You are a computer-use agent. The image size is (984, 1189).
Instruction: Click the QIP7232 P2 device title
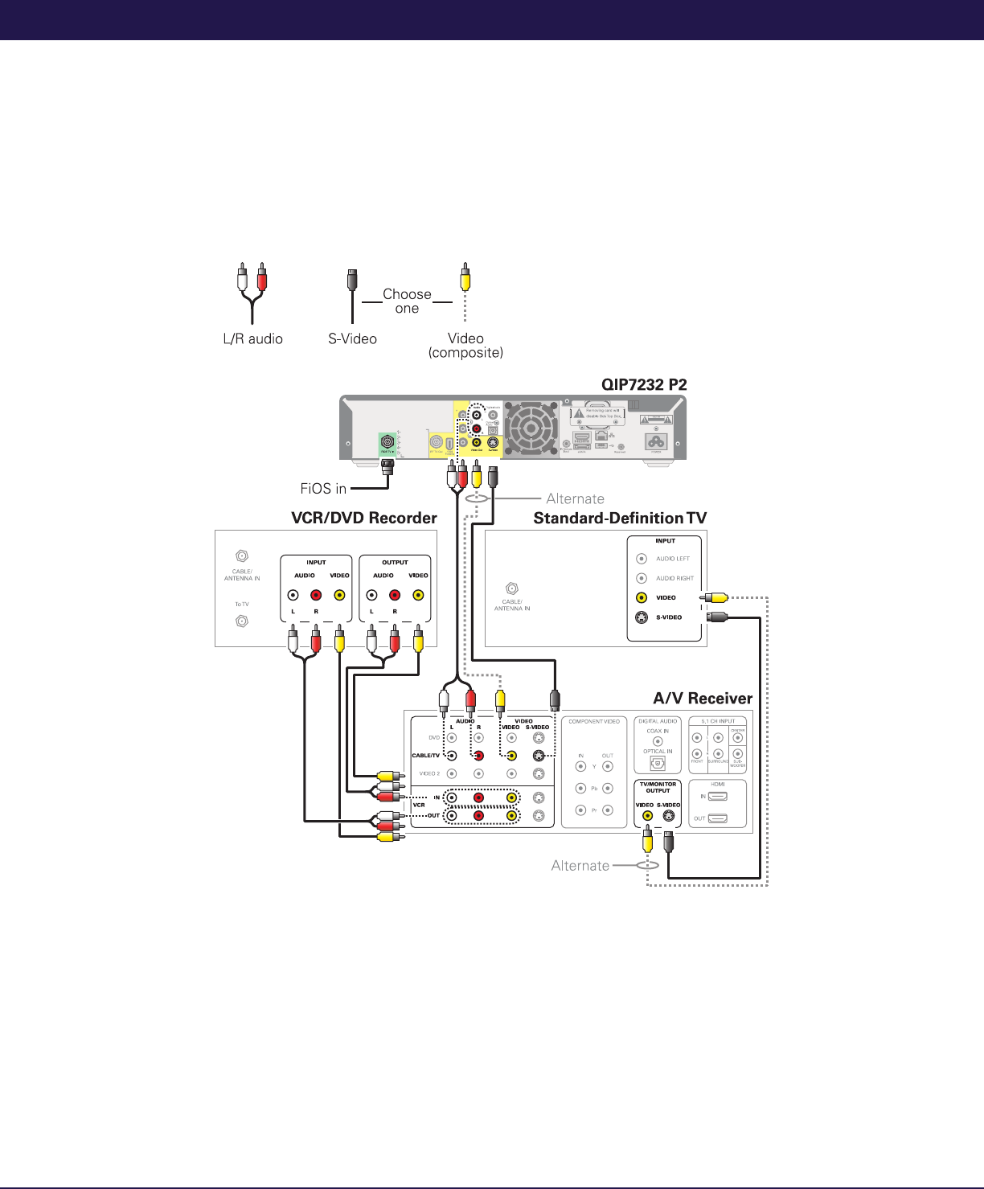coord(644,384)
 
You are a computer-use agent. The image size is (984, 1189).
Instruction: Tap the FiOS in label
coord(323,489)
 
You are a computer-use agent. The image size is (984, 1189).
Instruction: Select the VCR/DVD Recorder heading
coord(363,518)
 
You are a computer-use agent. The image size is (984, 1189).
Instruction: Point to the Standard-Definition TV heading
coord(620,518)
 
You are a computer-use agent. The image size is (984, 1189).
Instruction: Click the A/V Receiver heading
coord(703,699)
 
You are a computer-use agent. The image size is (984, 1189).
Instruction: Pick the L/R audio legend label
coord(252,339)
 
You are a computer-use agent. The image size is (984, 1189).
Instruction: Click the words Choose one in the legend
coord(407,301)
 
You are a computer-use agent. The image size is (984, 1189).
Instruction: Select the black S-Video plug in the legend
coord(352,280)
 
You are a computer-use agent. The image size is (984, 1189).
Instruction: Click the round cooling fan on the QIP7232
coord(531,428)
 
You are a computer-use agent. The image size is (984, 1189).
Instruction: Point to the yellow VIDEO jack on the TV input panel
coord(642,597)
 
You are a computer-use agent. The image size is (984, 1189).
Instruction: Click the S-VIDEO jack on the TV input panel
coord(642,617)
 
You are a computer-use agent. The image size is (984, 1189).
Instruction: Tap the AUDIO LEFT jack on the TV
coord(642,559)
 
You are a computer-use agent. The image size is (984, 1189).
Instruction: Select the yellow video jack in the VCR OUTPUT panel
coord(418,595)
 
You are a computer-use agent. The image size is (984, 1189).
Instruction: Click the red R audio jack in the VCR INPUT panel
coord(316,595)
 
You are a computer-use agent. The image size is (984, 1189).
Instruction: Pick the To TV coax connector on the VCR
coord(242,621)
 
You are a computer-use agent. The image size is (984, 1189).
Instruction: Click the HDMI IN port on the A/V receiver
coord(718,797)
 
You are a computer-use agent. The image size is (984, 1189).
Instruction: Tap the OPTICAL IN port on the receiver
coord(658,762)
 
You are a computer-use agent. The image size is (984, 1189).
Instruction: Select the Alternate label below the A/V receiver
coord(580,866)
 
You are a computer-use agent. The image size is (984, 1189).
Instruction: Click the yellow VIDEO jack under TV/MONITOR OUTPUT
coord(647,816)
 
